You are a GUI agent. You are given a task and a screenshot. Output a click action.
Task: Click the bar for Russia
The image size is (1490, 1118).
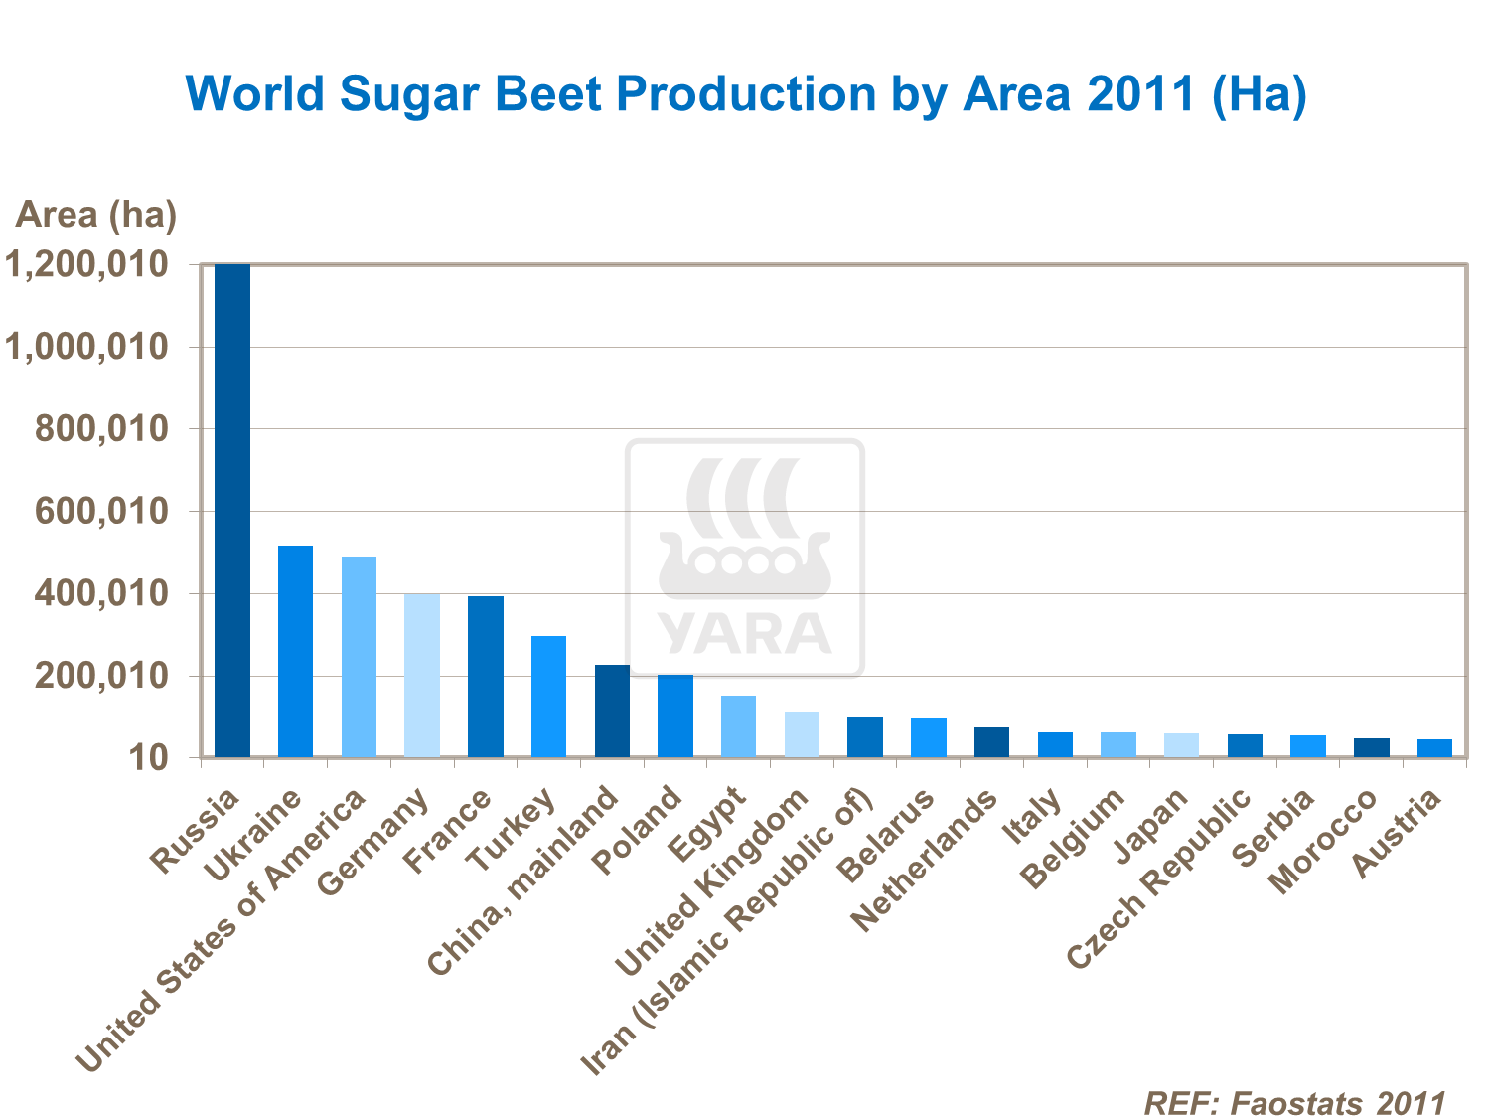[x=232, y=511]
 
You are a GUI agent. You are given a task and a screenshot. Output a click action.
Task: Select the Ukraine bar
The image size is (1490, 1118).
[x=295, y=651]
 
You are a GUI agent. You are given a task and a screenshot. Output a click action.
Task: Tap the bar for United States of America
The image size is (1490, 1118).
[x=359, y=657]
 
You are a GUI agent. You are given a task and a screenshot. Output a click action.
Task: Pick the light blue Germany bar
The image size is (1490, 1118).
[x=422, y=676]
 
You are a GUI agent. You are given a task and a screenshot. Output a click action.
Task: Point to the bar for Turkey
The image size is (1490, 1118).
[x=548, y=697]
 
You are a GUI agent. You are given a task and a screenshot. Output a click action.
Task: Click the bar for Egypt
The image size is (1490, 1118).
[x=738, y=726]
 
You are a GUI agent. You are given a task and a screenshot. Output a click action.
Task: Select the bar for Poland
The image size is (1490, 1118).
[x=675, y=716]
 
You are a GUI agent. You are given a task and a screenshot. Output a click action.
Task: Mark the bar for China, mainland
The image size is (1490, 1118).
[x=612, y=711]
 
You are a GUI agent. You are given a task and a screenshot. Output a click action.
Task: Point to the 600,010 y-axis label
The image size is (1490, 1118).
[x=99, y=512]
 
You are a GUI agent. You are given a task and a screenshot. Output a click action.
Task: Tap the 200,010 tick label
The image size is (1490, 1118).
[x=99, y=677]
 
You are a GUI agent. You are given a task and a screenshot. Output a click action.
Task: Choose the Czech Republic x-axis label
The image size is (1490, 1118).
[x=1158, y=878]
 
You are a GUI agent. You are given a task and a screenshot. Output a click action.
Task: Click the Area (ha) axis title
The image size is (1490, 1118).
[x=95, y=214]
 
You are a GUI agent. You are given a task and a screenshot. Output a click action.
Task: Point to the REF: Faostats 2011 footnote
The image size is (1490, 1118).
[x=1294, y=1102]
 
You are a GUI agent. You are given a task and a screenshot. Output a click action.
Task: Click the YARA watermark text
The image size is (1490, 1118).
[x=744, y=634]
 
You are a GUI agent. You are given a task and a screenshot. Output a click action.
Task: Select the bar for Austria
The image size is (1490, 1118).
[x=1434, y=748]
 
